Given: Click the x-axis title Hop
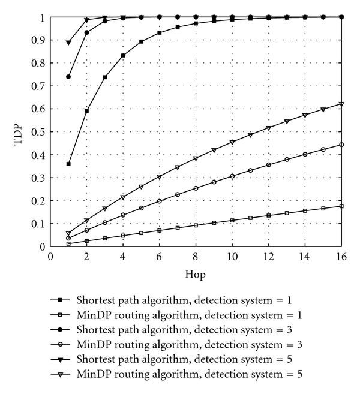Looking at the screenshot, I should pos(196,273).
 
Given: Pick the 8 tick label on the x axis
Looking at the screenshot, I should pos(196,256).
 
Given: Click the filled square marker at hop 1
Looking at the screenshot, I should pos(68,164).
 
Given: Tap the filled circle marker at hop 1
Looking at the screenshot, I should pos(68,77).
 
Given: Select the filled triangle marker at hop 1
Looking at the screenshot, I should pos(68,43).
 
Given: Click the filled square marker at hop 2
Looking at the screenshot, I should pos(87,111).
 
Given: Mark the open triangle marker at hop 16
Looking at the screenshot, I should pos(342,104).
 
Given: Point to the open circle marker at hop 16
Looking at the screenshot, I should pos(342,145).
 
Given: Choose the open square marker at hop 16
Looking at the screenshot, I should pos(342,206).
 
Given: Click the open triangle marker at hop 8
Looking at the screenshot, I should pos(196,159).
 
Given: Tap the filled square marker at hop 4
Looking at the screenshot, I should pos(123,56).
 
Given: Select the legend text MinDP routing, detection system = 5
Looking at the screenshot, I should pos(188,374).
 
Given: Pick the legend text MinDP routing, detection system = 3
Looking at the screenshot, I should pos(188,344).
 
